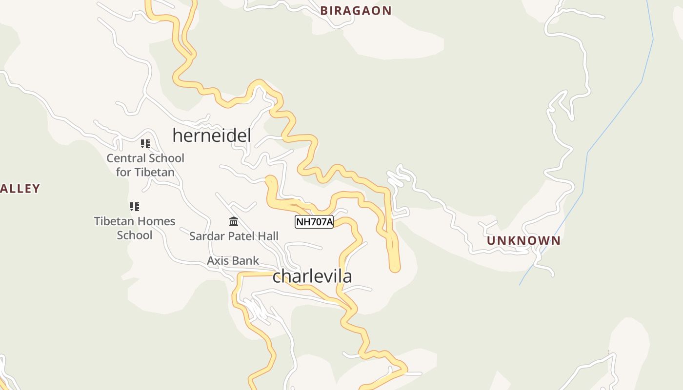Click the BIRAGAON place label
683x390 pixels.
coord(356,11)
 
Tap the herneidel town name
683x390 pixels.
coord(212,136)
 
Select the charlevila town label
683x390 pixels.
coord(312,276)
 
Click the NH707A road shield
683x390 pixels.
coord(314,222)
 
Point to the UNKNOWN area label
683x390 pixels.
coord(523,241)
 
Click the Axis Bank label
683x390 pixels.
coord(233,261)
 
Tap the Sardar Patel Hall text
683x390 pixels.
coord(234,236)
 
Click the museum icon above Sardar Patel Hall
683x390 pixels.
coord(234,222)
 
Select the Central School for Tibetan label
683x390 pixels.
coord(145,165)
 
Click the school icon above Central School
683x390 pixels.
coord(145,144)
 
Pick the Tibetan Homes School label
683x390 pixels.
coord(135,228)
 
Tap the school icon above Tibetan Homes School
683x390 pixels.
coord(135,207)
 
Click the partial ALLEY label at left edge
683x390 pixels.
coord(20,189)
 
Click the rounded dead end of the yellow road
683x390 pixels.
coord(395,267)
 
